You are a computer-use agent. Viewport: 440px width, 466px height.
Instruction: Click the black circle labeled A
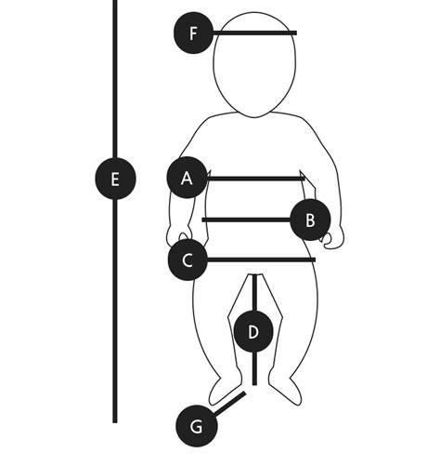click(187, 178)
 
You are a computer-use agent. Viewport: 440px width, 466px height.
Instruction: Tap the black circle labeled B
click(310, 220)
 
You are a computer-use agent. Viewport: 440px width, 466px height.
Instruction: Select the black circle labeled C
click(188, 260)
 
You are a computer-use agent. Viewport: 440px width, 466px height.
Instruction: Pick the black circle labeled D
click(253, 332)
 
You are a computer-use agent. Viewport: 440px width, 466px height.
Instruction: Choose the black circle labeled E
click(115, 179)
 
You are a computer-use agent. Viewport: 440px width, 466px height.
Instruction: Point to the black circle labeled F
click(194, 33)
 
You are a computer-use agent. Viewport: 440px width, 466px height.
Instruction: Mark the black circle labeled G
click(197, 426)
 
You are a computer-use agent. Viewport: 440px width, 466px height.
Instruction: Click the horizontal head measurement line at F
click(255, 33)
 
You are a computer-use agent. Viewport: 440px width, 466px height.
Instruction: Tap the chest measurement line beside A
click(255, 179)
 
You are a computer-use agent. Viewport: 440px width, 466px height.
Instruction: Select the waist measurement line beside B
click(247, 220)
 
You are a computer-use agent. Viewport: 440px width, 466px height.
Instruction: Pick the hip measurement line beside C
click(261, 260)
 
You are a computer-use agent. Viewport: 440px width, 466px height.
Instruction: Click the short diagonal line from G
click(230, 404)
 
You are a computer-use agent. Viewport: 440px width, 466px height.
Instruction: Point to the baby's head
click(254, 64)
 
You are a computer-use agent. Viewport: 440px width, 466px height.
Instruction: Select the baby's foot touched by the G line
click(225, 388)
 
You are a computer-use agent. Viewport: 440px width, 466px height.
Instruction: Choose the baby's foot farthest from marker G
click(285, 388)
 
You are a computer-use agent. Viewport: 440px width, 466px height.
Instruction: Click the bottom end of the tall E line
click(115, 422)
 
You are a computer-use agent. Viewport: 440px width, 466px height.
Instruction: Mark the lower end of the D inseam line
click(254, 385)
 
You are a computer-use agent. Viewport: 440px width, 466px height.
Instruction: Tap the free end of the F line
click(296, 33)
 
